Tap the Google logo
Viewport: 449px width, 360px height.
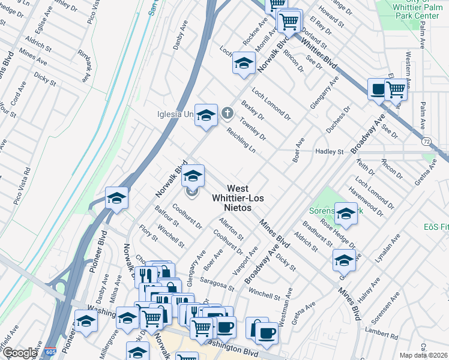tap(19, 353)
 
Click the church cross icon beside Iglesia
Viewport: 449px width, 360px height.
tap(228, 112)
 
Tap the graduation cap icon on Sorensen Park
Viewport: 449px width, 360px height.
tap(346, 213)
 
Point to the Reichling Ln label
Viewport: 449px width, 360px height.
tap(241, 140)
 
